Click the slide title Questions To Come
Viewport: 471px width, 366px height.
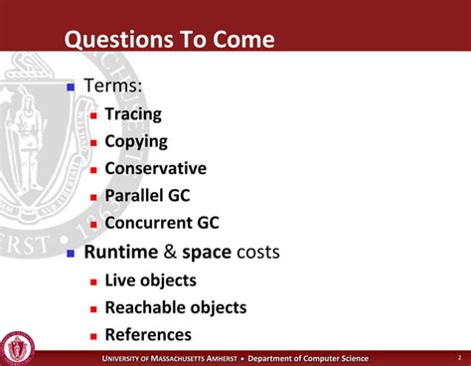[x=169, y=41]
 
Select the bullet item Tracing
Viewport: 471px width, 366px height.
[x=133, y=114]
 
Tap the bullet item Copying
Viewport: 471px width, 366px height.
[x=136, y=142]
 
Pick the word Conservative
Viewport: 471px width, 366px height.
[x=155, y=169]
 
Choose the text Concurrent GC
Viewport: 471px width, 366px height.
[x=161, y=224]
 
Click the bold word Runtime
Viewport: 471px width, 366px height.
[x=121, y=253]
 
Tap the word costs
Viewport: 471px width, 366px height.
[x=258, y=253]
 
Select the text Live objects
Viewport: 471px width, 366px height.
[x=150, y=280]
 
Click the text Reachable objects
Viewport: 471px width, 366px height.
[x=175, y=308]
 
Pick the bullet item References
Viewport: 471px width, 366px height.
[x=148, y=335]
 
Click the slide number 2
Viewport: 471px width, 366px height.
[x=458, y=358]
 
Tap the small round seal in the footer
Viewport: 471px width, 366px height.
[x=18, y=348]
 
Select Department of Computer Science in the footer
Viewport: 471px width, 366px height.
[x=308, y=358]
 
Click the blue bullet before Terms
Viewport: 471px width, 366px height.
[x=71, y=88]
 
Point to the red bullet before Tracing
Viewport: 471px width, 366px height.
[x=93, y=115]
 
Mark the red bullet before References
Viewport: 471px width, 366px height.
[x=93, y=336]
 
